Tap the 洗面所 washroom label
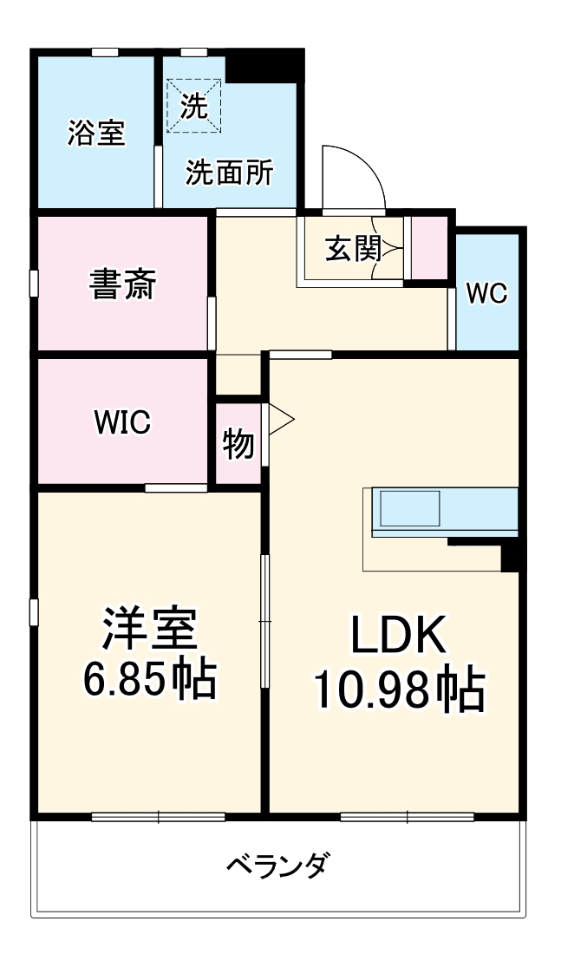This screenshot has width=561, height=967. point(229,173)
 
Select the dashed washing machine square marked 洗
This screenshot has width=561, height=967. point(194,106)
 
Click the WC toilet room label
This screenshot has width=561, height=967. point(486,293)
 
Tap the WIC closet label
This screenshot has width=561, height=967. point(122,422)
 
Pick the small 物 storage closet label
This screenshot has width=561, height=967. point(238,443)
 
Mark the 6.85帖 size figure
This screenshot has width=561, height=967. point(149,681)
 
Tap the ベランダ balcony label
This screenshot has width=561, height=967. point(277,865)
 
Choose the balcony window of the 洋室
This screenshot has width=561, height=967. point(159,816)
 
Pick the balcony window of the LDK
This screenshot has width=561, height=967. point(408,816)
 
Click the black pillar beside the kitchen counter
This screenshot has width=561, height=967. point(511,556)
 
